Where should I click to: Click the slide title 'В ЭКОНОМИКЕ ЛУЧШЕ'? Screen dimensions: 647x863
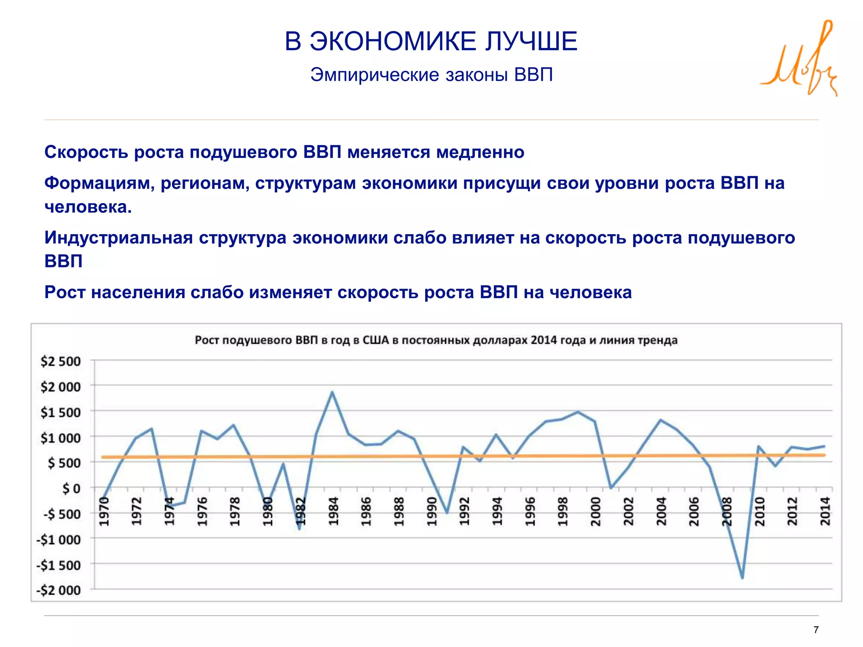click(x=431, y=41)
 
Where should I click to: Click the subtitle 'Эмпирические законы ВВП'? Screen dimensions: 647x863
click(x=431, y=75)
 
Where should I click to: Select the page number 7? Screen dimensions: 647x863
click(x=816, y=630)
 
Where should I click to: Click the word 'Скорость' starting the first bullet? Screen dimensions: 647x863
click(x=86, y=152)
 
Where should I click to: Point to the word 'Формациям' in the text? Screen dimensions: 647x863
click(x=99, y=184)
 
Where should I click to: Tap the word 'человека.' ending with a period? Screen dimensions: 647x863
click(x=88, y=207)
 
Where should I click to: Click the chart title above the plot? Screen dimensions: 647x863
click(x=436, y=340)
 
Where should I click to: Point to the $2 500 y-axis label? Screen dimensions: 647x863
click(x=60, y=361)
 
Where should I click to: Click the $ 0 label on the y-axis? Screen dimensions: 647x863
click(x=71, y=489)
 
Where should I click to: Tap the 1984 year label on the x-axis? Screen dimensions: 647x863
click(x=333, y=511)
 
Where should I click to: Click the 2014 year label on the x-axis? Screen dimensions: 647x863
click(x=825, y=511)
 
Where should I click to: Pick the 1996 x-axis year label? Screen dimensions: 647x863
click(x=530, y=511)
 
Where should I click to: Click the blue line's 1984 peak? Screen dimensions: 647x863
click(x=332, y=392)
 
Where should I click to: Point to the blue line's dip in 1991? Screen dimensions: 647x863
click(x=447, y=513)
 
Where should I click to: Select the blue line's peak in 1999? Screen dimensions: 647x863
click(x=578, y=412)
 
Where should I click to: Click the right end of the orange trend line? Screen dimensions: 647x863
click(x=824, y=455)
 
